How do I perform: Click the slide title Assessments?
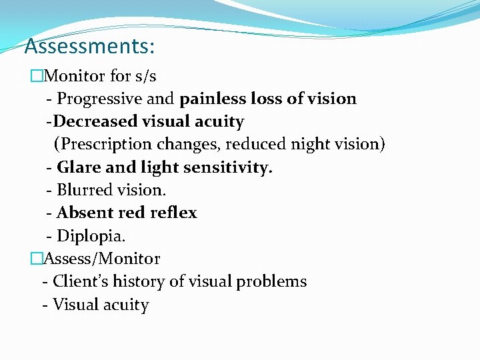click(89, 46)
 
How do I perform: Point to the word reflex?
click(175, 213)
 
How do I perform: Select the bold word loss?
click(267, 99)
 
